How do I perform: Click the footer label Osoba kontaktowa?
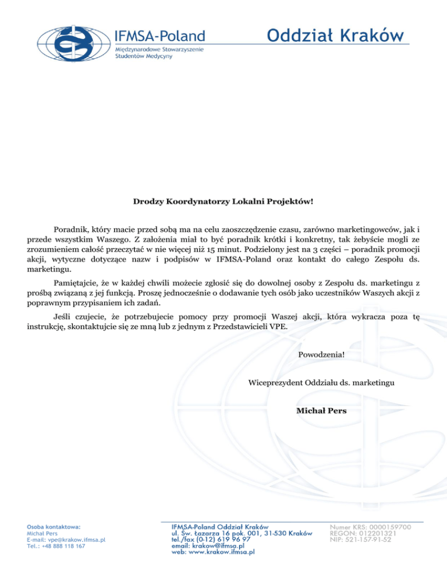(54, 526)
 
